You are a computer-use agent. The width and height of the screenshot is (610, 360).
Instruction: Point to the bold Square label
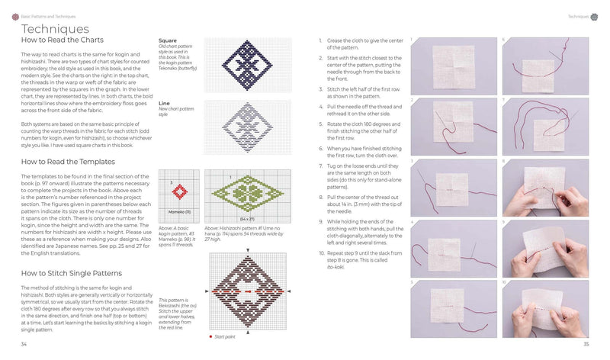169,40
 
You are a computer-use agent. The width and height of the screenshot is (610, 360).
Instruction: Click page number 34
24,347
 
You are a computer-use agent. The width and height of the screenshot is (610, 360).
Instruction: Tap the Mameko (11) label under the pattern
178,211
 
